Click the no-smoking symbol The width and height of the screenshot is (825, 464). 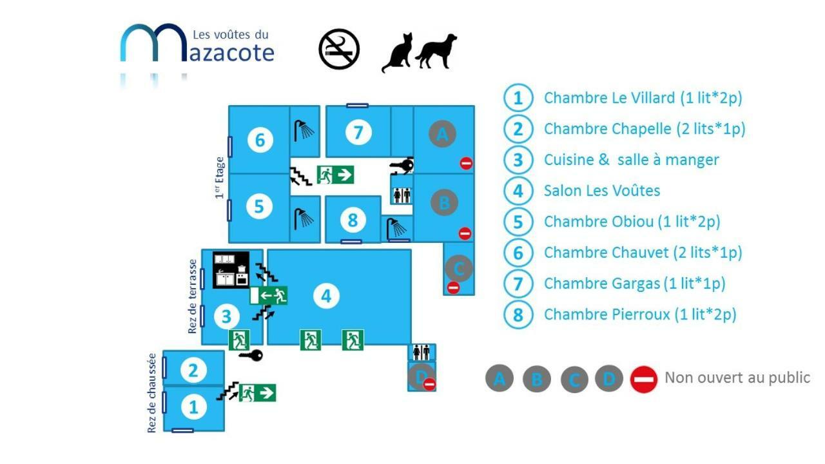point(339,49)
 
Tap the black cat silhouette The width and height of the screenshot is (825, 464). point(397,53)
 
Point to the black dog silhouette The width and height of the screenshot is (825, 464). point(436,51)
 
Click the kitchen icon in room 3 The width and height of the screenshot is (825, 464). point(231,270)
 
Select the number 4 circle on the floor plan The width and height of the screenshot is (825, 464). point(326,296)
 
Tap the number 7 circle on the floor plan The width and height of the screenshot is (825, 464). point(358,132)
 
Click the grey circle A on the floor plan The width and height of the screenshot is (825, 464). point(442,133)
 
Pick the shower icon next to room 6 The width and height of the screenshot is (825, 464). point(304,131)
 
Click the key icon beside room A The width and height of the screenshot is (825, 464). point(402,166)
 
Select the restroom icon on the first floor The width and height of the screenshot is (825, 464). point(402,195)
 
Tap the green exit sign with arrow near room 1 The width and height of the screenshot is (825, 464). point(257,393)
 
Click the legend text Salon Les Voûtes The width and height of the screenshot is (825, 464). point(602,191)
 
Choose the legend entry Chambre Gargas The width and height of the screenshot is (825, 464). point(635,284)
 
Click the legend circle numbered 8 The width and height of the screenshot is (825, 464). point(518,314)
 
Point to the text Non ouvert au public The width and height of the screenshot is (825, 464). point(737,378)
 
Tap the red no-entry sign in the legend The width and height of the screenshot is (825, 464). point(644,380)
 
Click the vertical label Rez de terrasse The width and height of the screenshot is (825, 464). point(193,296)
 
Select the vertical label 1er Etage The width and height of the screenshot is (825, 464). point(220,177)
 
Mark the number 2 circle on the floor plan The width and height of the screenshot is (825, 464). point(193,370)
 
